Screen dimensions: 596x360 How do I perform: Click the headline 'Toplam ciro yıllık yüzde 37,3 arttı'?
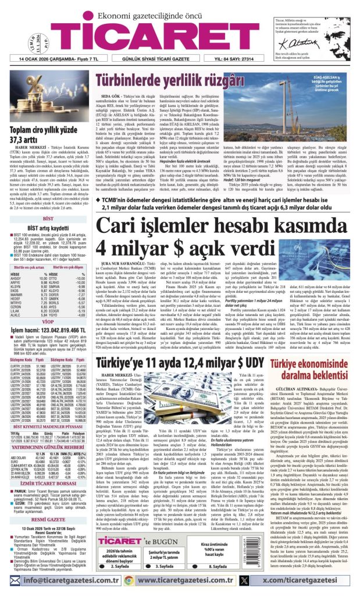click(x=44, y=136)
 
